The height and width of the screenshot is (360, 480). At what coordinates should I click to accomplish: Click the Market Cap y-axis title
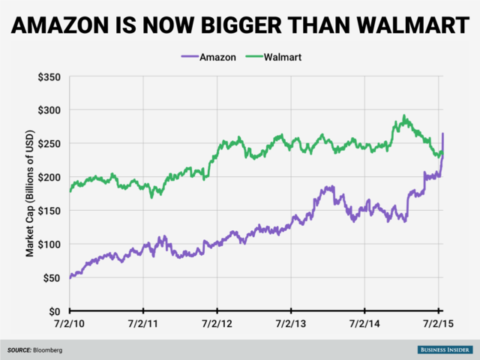pyautogui.click(x=31, y=193)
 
